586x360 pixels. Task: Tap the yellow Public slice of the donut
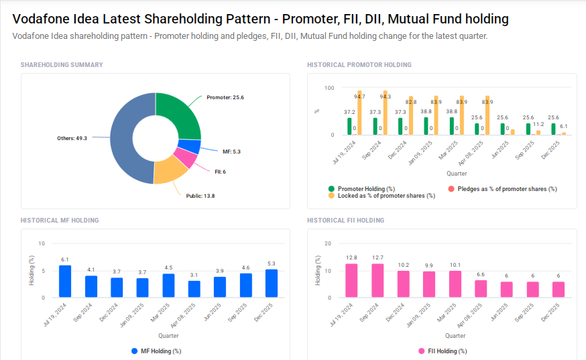coord(169,172)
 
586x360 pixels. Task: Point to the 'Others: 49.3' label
coord(72,138)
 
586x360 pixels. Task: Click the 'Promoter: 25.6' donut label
coord(225,97)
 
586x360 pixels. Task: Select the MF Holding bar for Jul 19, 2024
coord(65,281)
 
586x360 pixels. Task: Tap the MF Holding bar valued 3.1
coord(194,289)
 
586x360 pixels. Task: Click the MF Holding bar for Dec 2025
coord(272,283)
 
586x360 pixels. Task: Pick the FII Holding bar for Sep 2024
coord(377,280)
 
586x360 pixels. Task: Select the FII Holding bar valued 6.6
coord(481,288)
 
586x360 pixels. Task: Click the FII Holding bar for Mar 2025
coord(455,284)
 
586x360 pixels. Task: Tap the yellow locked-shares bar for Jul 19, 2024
coord(359,113)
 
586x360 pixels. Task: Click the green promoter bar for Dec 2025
coord(553,129)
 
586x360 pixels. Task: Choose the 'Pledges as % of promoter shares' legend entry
coord(507,189)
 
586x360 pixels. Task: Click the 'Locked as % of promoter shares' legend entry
coord(386,196)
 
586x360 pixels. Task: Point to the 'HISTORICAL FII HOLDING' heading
coord(345,220)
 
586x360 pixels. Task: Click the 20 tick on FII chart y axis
coord(328,243)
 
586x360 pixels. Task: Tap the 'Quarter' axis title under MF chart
coord(168,335)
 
